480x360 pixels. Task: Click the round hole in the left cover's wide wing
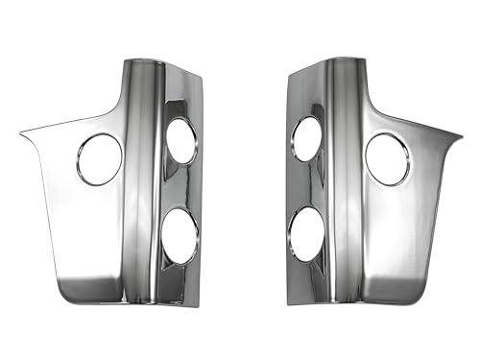point(99,159)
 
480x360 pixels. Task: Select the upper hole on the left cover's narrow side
point(181,140)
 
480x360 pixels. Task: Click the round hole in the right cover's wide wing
point(387,159)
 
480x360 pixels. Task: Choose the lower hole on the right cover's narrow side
point(308,233)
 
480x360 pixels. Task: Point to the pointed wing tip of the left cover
point(21,132)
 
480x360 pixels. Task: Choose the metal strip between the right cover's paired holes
point(307,185)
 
